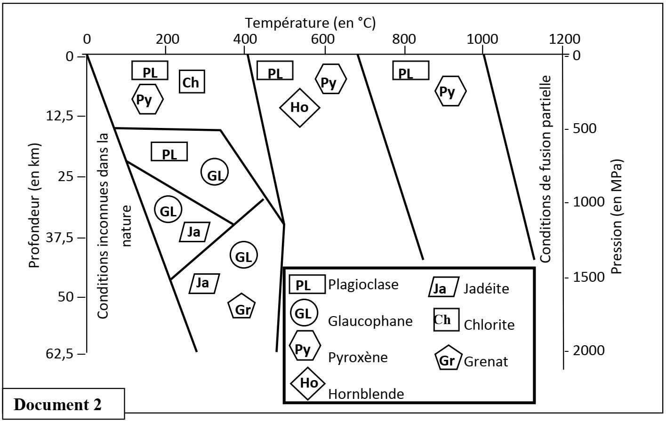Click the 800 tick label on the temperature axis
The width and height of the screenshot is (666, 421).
tap(404, 39)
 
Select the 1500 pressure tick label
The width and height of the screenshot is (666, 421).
tap(586, 277)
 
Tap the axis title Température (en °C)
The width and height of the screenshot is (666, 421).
tap(310, 23)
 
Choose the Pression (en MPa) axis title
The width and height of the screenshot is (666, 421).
tap(617, 216)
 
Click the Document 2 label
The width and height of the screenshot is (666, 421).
tap(58, 405)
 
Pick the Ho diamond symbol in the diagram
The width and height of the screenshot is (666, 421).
tap(300, 108)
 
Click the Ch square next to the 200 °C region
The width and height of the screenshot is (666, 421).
tap(191, 82)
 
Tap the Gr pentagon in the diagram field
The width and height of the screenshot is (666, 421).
tap(241, 308)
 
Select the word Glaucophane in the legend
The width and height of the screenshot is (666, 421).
tap(370, 321)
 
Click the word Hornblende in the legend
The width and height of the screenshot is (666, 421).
tap(366, 393)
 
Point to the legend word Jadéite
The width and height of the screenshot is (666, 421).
tap(486, 288)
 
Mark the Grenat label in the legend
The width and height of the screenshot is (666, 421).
tap(486, 361)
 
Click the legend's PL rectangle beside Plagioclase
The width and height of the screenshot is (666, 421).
tap(307, 285)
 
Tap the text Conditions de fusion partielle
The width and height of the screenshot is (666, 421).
tap(546, 168)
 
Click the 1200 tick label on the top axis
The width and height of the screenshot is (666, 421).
tap(564, 39)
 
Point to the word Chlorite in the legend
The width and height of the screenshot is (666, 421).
tap(489, 325)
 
